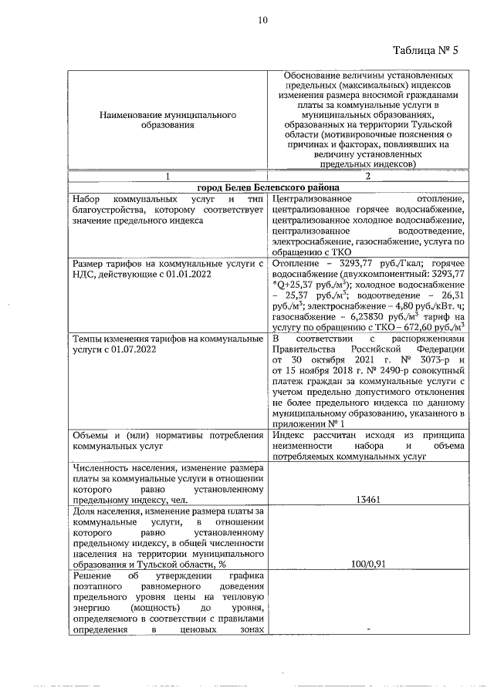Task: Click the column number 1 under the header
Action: click(167, 177)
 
